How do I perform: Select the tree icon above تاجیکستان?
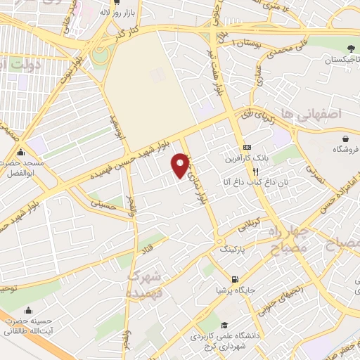click(349, 49)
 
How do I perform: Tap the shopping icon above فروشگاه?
click(345, 138)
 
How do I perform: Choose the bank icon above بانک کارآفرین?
click(247, 147)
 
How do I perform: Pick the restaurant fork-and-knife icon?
click(257, 170)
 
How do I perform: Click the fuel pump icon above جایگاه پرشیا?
click(234, 278)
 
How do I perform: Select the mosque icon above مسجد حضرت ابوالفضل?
click(20, 152)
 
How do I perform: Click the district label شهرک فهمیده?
click(146, 283)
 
